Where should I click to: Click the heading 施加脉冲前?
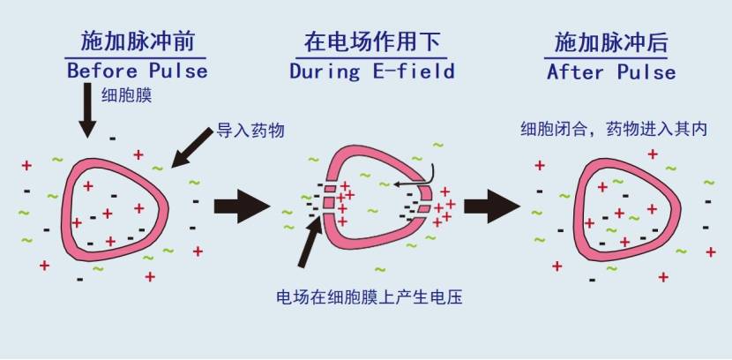pyautogui.click(x=137, y=41)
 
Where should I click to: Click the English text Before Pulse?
pyautogui.click(x=137, y=71)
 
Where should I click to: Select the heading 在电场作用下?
pyautogui.click(x=372, y=41)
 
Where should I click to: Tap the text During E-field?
pyautogui.click(x=372, y=71)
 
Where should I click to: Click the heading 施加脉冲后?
pyautogui.click(x=611, y=41)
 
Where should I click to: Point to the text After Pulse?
pyautogui.click(x=611, y=71)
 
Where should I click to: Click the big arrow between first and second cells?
pyautogui.click(x=241, y=206)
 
